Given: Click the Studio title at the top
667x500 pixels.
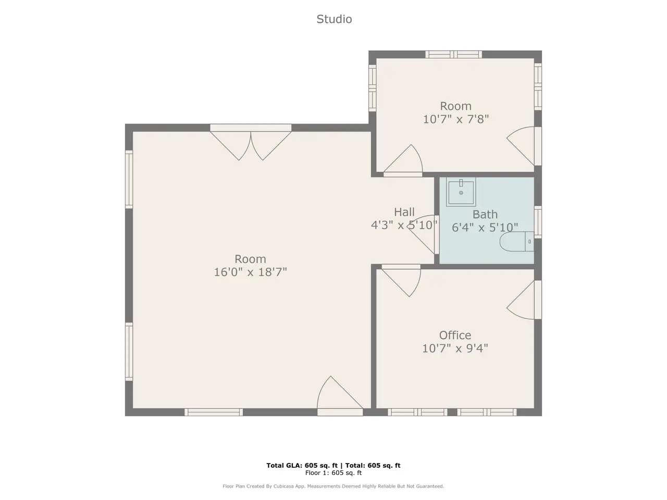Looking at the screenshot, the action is [x=334, y=19].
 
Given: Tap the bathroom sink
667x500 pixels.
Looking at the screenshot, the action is [x=461, y=192].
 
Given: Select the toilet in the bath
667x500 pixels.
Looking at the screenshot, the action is [x=516, y=241].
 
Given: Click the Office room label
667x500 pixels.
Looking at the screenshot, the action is [x=455, y=335].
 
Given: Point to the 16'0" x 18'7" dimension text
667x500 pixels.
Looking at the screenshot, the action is [x=251, y=272].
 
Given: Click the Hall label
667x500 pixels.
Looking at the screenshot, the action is [x=404, y=212].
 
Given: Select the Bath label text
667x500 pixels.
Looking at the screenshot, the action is [x=485, y=215].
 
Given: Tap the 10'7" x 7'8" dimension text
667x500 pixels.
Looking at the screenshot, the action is [x=456, y=119].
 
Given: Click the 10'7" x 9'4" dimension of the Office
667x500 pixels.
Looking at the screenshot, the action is [x=455, y=348].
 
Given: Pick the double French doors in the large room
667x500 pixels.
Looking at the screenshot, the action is [x=251, y=142].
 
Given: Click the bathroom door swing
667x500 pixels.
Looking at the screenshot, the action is [x=423, y=234].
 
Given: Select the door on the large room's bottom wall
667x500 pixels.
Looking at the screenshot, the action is [x=340, y=396].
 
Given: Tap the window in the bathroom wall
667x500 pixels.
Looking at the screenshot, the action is [x=538, y=222].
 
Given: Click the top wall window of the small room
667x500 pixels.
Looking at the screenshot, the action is [x=453, y=54].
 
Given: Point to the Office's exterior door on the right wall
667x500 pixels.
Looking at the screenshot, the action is [x=524, y=300].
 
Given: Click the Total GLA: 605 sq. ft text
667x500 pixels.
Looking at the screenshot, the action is [x=302, y=466].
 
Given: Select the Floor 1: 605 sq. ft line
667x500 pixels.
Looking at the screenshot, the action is [x=333, y=473].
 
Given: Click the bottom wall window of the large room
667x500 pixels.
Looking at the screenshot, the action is [x=214, y=412].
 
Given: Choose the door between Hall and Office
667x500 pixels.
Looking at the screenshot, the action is [x=401, y=280].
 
